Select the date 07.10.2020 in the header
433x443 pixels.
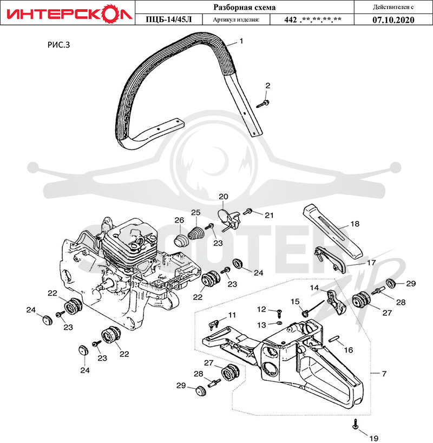(393, 20)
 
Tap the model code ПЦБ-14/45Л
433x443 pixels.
(169, 19)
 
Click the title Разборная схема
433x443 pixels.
(244, 7)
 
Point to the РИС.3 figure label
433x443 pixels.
(58, 45)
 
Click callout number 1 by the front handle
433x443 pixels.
(241, 41)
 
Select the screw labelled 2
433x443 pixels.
(263, 103)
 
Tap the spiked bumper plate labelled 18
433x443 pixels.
(332, 230)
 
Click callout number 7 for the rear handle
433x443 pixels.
(384, 374)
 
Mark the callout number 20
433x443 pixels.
(224, 197)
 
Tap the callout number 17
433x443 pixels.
(371, 263)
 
